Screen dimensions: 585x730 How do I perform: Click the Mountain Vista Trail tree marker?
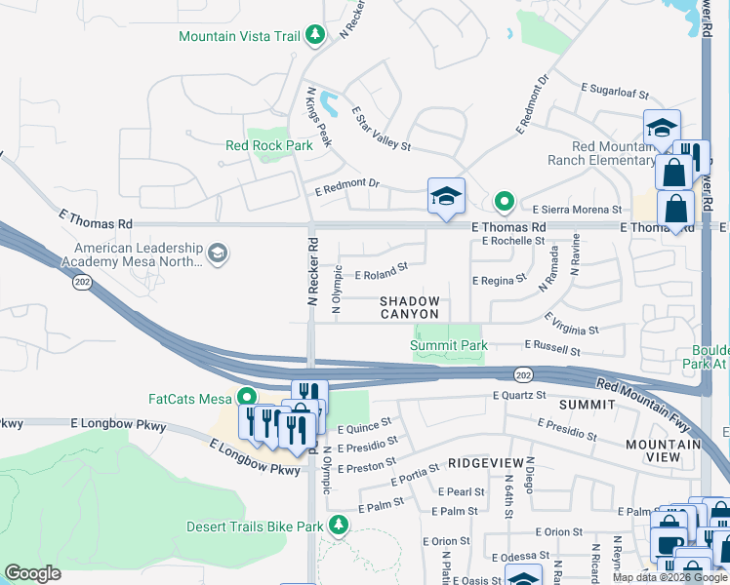[x=314, y=36]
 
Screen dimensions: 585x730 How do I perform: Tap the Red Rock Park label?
[x=268, y=146]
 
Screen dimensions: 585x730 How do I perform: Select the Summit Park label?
[x=448, y=345]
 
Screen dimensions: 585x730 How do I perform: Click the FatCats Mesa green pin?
[x=247, y=397]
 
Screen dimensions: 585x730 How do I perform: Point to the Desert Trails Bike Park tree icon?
[x=338, y=526]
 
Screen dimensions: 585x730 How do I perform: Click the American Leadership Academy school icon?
[x=218, y=254]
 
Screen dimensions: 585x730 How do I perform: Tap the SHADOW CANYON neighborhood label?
[x=410, y=308]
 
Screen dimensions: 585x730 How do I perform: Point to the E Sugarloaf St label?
[x=615, y=94]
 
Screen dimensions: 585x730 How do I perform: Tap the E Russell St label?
[x=552, y=346]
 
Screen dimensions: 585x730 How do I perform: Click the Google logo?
[x=33, y=573]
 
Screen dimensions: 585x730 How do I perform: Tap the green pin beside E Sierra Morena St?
[x=504, y=202]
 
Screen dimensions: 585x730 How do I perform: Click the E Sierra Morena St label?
[x=577, y=210]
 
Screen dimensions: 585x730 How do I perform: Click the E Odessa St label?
[x=524, y=557]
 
